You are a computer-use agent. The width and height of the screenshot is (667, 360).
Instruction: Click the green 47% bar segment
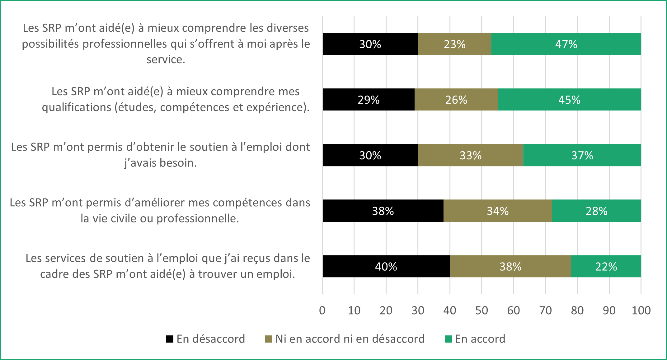[x=566, y=44]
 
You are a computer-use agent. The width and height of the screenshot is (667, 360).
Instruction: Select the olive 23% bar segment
[x=454, y=44]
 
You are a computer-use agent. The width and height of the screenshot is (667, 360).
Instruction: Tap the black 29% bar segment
[x=369, y=100]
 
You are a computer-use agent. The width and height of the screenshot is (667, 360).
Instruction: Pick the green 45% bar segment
[x=569, y=100]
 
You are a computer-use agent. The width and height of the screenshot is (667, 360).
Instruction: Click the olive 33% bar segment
[x=470, y=155]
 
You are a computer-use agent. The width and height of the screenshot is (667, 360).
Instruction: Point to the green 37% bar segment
[x=582, y=155]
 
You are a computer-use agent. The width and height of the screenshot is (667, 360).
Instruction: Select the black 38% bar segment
[x=383, y=211]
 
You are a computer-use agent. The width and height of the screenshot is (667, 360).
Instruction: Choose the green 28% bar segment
[x=596, y=211]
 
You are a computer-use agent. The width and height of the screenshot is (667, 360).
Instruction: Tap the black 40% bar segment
[x=386, y=266]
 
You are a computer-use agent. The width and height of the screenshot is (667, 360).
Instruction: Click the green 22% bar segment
[x=606, y=266]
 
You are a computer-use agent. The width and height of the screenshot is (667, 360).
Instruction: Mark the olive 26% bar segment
[x=456, y=100]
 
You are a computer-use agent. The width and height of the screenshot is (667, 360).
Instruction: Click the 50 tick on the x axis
[x=481, y=311]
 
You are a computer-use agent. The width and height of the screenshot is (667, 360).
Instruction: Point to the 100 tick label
[x=641, y=311]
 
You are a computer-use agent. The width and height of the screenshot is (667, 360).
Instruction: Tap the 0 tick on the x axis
[x=322, y=311]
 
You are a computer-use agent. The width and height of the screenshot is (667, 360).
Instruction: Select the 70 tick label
[x=545, y=311]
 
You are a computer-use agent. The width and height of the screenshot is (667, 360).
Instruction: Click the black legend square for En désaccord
[x=170, y=339]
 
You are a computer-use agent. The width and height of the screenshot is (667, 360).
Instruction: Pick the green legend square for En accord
[x=448, y=339]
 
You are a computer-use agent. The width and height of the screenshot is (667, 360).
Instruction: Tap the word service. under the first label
[x=166, y=59]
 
